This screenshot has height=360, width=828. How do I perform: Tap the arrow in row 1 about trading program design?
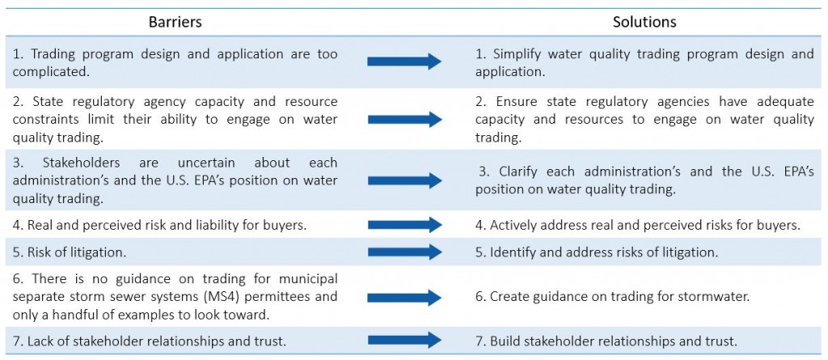404,61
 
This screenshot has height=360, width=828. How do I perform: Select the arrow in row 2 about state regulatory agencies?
404,120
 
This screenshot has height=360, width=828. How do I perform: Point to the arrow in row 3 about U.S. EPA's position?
404,180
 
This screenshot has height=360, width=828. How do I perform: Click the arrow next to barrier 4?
404,224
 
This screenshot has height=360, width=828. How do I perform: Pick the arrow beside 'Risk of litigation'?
404,252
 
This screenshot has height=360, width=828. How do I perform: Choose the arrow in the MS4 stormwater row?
404,296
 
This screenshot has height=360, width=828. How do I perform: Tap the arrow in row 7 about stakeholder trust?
404,340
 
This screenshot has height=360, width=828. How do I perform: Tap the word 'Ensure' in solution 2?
510,103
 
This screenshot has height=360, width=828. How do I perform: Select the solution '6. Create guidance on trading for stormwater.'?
613,297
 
